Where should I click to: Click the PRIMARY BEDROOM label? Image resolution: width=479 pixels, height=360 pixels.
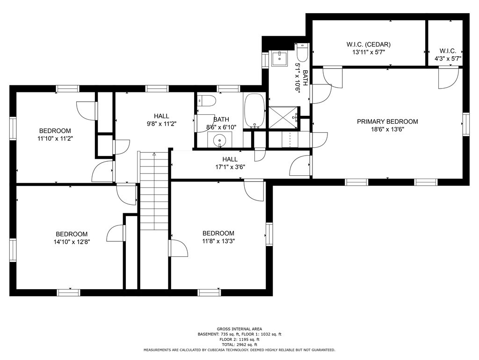click(x=387, y=121)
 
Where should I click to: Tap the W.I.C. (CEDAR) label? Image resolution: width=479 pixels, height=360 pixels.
click(x=369, y=45)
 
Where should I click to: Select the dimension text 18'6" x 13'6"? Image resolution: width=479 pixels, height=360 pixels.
click(x=387, y=129)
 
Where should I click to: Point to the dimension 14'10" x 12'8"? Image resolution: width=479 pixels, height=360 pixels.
click(x=72, y=242)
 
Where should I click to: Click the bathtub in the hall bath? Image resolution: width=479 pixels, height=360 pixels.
click(x=254, y=111)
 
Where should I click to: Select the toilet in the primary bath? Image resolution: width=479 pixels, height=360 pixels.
click(x=302, y=52)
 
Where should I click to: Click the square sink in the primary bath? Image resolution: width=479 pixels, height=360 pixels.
click(x=279, y=59)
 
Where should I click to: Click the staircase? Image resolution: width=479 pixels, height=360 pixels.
click(x=154, y=191)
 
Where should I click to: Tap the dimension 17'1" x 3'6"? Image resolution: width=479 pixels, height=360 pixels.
click(x=230, y=167)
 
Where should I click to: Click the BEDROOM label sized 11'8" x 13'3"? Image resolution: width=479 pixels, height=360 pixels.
click(x=218, y=233)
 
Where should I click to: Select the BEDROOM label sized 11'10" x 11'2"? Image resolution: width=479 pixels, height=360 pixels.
click(x=55, y=131)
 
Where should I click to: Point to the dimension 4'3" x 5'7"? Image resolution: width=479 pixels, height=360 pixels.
click(x=448, y=59)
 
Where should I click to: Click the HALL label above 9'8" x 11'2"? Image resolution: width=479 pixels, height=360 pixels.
click(x=161, y=116)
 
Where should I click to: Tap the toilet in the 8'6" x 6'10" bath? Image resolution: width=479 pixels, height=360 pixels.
click(x=207, y=100)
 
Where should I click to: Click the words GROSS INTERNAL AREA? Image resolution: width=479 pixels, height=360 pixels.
click(x=239, y=329)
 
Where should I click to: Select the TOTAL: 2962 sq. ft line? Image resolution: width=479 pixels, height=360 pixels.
click(x=239, y=345)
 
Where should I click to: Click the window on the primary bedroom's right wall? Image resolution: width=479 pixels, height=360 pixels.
click(x=465, y=124)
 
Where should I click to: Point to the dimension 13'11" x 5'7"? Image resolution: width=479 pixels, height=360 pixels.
click(x=369, y=52)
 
